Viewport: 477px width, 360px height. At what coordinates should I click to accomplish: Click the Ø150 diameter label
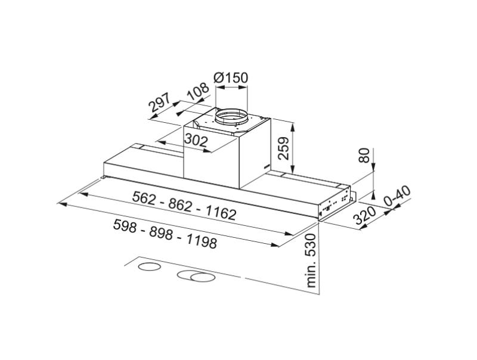(230, 78)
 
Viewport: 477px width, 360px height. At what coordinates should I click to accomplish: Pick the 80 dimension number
(366, 157)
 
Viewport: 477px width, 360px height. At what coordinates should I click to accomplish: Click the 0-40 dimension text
(398, 197)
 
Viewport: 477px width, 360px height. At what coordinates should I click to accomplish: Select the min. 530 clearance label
(311, 260)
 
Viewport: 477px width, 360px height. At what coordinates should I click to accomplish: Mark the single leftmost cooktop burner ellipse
(149, 266)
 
